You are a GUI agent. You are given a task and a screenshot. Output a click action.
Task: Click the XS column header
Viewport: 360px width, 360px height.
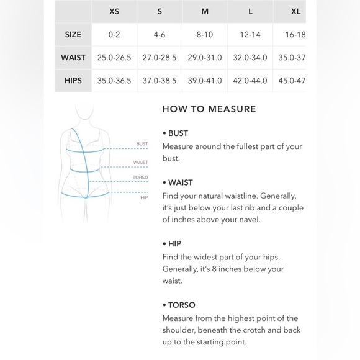[114, 11]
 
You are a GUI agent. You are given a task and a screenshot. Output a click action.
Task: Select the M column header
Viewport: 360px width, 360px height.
[205, 11]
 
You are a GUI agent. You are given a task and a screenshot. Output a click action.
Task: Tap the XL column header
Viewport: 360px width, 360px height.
[295, 11]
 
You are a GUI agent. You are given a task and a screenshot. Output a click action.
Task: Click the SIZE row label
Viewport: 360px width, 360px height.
[73, 34]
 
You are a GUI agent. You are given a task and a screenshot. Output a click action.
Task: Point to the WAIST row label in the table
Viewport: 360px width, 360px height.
[73, 57]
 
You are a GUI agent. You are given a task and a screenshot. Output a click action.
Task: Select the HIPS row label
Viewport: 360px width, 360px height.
[73, 81]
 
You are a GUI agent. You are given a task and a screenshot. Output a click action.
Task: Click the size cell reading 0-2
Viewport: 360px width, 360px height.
[114, 34]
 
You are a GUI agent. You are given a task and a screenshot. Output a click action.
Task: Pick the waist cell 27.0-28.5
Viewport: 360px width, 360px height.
[160, 57]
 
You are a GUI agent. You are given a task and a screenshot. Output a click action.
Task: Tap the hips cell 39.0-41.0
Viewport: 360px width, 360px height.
[205, 81]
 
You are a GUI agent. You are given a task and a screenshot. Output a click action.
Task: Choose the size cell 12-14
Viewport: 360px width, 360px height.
[250, 34]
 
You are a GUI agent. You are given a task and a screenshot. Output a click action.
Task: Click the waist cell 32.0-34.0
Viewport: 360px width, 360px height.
[250, 57]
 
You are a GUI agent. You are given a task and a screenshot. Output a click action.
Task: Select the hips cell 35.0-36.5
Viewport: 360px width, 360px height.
[114, 81]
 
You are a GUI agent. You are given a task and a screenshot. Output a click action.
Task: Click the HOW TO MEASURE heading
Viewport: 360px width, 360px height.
[209, 109]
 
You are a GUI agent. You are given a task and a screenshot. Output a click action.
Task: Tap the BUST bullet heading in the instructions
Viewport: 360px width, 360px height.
[178, 133]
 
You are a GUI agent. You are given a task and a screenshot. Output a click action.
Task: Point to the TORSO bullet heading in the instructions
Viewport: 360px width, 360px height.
[182, 305]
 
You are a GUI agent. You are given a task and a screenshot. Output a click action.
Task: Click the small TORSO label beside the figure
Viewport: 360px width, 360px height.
[140, 178]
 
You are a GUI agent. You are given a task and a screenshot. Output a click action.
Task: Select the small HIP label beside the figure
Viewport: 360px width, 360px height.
[144, 197]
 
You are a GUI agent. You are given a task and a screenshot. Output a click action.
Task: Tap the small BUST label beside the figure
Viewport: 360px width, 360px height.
[142, 144]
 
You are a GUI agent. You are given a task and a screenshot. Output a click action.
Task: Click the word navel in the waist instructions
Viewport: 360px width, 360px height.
[250, 220]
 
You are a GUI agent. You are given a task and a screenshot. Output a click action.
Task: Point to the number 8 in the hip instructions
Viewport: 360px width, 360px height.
[214, 269]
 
